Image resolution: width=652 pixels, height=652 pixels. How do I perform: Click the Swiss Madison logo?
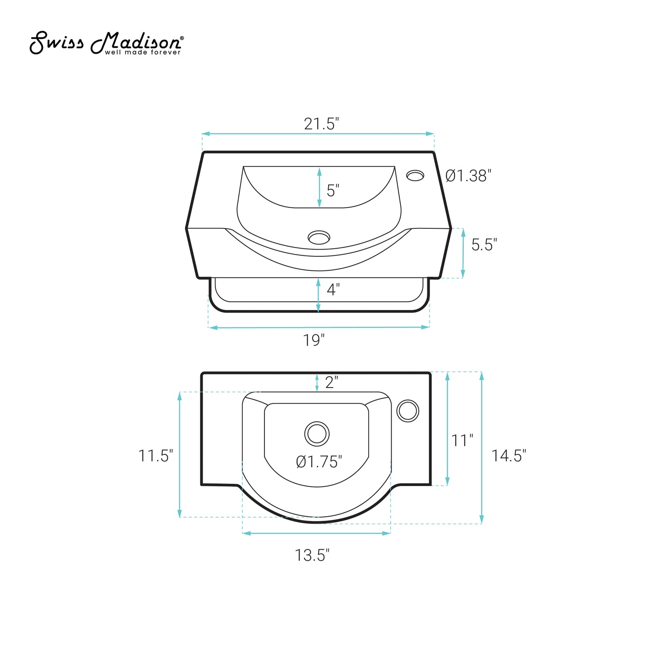106,43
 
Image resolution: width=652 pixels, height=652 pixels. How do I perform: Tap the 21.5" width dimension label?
321,124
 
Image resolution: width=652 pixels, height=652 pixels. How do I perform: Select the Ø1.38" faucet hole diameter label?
468,176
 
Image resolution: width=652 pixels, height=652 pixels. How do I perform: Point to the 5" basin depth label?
333,190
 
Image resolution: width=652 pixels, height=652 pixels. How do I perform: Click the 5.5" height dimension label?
484,245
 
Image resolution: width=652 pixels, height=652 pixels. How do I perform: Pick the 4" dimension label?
333,289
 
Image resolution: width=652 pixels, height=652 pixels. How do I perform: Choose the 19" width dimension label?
314,340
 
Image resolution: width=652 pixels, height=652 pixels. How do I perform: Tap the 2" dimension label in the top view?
331,382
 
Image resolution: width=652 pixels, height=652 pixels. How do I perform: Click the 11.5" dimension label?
156,456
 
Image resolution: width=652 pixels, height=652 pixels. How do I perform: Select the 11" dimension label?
462,440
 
